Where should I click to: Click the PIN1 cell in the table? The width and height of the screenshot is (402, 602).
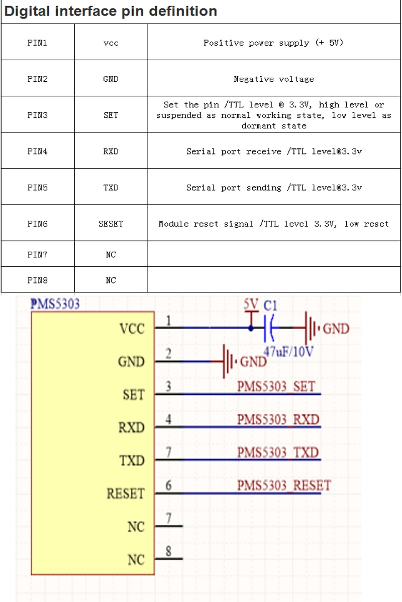coord(37,43)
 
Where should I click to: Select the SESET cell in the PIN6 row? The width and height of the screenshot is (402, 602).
coord(111,223)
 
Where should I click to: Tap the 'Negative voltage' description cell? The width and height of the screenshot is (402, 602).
coord(274,79)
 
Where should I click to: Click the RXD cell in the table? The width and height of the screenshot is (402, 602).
coord(111,151)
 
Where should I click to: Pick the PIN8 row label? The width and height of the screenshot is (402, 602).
coord(37,280)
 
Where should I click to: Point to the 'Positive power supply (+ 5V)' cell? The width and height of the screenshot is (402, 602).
coord(274,43)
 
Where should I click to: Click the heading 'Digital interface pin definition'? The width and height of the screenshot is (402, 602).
coord(111,11)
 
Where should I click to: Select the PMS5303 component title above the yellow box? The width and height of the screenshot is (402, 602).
coord(55,304)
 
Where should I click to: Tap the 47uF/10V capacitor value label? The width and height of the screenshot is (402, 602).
coord(288,351)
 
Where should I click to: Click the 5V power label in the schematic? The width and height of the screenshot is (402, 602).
coord(251,304)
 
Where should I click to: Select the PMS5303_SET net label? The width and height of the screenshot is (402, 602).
coord(276,386)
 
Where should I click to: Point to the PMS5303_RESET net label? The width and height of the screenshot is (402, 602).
coord(284,485)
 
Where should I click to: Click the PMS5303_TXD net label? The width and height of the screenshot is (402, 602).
coord(278,452)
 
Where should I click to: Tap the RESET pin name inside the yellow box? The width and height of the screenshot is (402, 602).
coord(126,494)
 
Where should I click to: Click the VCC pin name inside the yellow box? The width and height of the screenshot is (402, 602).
coord(132,329)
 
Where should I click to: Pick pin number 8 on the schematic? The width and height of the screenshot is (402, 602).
coord(168,551)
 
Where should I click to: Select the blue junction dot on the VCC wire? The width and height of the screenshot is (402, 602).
coord(251,328)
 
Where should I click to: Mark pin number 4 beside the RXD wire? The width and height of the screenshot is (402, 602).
coord(168,419)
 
